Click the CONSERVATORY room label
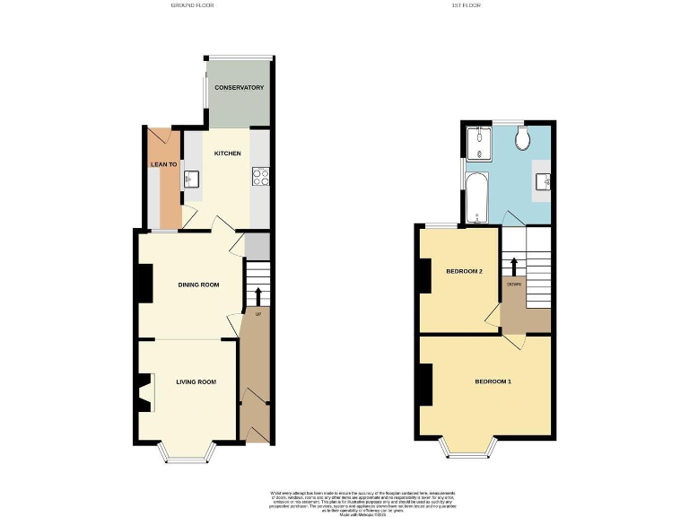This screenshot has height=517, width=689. (239, 88)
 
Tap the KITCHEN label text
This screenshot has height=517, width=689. (227, 153)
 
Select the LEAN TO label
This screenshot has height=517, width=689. (163, 164)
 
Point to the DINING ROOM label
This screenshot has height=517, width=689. (198, 285)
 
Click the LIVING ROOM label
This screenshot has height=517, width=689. (196, 381)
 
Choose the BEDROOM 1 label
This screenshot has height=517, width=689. (493, 381)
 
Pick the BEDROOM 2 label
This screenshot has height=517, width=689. (465, 271)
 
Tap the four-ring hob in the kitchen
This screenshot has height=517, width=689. (262, 177)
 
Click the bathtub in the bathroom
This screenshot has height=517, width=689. (475, 197)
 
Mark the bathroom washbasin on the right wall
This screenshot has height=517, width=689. (544, 181)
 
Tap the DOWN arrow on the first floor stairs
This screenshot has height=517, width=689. (514, 267)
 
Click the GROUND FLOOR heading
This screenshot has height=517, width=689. (192, 5)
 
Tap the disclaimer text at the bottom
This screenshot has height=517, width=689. (344, 500)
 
